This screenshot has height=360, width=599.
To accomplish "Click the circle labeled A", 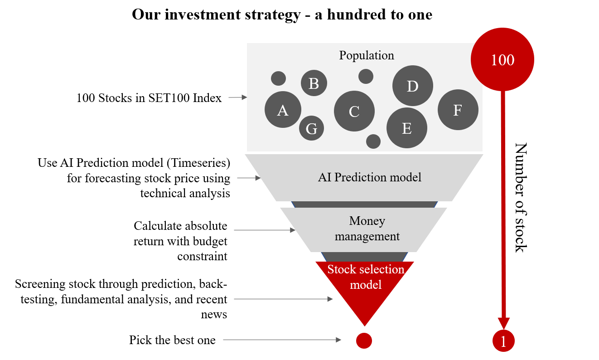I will point(283,110).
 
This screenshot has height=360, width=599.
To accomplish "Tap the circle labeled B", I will point(314,83).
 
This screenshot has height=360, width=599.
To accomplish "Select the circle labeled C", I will point(354,111).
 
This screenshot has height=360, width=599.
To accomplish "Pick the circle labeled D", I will point(412,86).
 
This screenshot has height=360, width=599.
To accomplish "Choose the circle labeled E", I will point(406,128).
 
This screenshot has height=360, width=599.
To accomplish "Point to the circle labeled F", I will point(458,110).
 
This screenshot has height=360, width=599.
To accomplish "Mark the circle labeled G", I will point(311,128).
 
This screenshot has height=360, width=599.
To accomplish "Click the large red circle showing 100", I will point(502,60).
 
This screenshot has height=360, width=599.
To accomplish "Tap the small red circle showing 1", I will point(503,341).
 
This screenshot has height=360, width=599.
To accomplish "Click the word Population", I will point(367,55).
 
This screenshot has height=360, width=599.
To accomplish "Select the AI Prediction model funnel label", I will point(369,177).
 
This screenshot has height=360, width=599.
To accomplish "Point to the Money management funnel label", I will point(367,229).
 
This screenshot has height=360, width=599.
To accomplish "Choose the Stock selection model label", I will point(366,277).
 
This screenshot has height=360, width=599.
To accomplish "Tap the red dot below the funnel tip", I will point(364,341).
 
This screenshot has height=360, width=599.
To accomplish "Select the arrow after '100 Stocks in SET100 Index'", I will point(237,97).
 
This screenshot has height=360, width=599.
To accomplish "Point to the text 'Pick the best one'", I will point(172,340).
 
